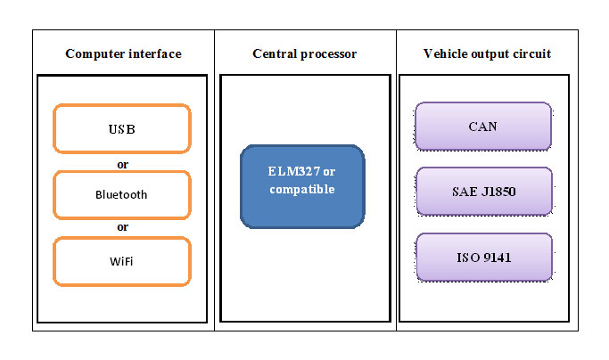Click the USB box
(122, 129)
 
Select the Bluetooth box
(122, 194)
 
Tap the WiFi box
(122, 260)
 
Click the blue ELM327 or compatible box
(302, 184)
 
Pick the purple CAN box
(482, 126)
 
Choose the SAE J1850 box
(482, 192)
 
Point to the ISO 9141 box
(482, 258)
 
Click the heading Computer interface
(123, 54)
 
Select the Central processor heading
(305, 54)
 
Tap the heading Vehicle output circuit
(486, 54)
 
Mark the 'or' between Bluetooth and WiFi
(123, 227)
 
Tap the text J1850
(496, 192)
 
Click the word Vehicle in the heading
(444, 54)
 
